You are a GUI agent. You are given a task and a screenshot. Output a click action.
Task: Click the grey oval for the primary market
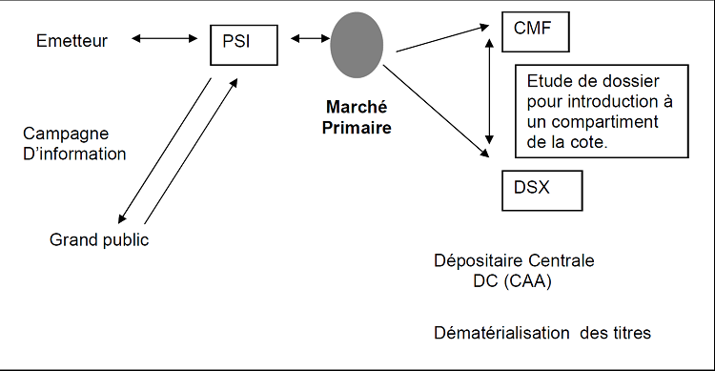click(357, 45)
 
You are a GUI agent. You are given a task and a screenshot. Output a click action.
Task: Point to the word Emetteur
click(71, 41)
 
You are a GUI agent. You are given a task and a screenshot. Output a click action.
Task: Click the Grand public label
click(99, 240)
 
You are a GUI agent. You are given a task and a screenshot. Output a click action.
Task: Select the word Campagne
click(66, 134)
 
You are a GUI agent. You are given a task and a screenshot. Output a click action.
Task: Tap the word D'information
click(74, 154)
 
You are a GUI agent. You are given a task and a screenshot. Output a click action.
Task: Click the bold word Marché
click(357, 107)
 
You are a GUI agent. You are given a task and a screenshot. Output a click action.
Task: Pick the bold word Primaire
click(357, 127)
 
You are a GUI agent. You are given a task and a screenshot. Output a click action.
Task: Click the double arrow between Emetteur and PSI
click(165, 39)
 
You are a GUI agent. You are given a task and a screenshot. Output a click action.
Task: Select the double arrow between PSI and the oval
click(310, 39)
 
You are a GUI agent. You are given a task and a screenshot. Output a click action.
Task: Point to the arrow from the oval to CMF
click(442, 39)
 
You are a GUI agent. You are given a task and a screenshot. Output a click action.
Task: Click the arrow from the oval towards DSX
click(436, 111)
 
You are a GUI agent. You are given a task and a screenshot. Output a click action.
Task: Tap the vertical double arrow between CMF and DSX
click(489, 92)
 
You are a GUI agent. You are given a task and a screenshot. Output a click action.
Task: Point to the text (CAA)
click(528, 281)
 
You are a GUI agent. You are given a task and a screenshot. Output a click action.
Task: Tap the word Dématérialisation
click(501, 333)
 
